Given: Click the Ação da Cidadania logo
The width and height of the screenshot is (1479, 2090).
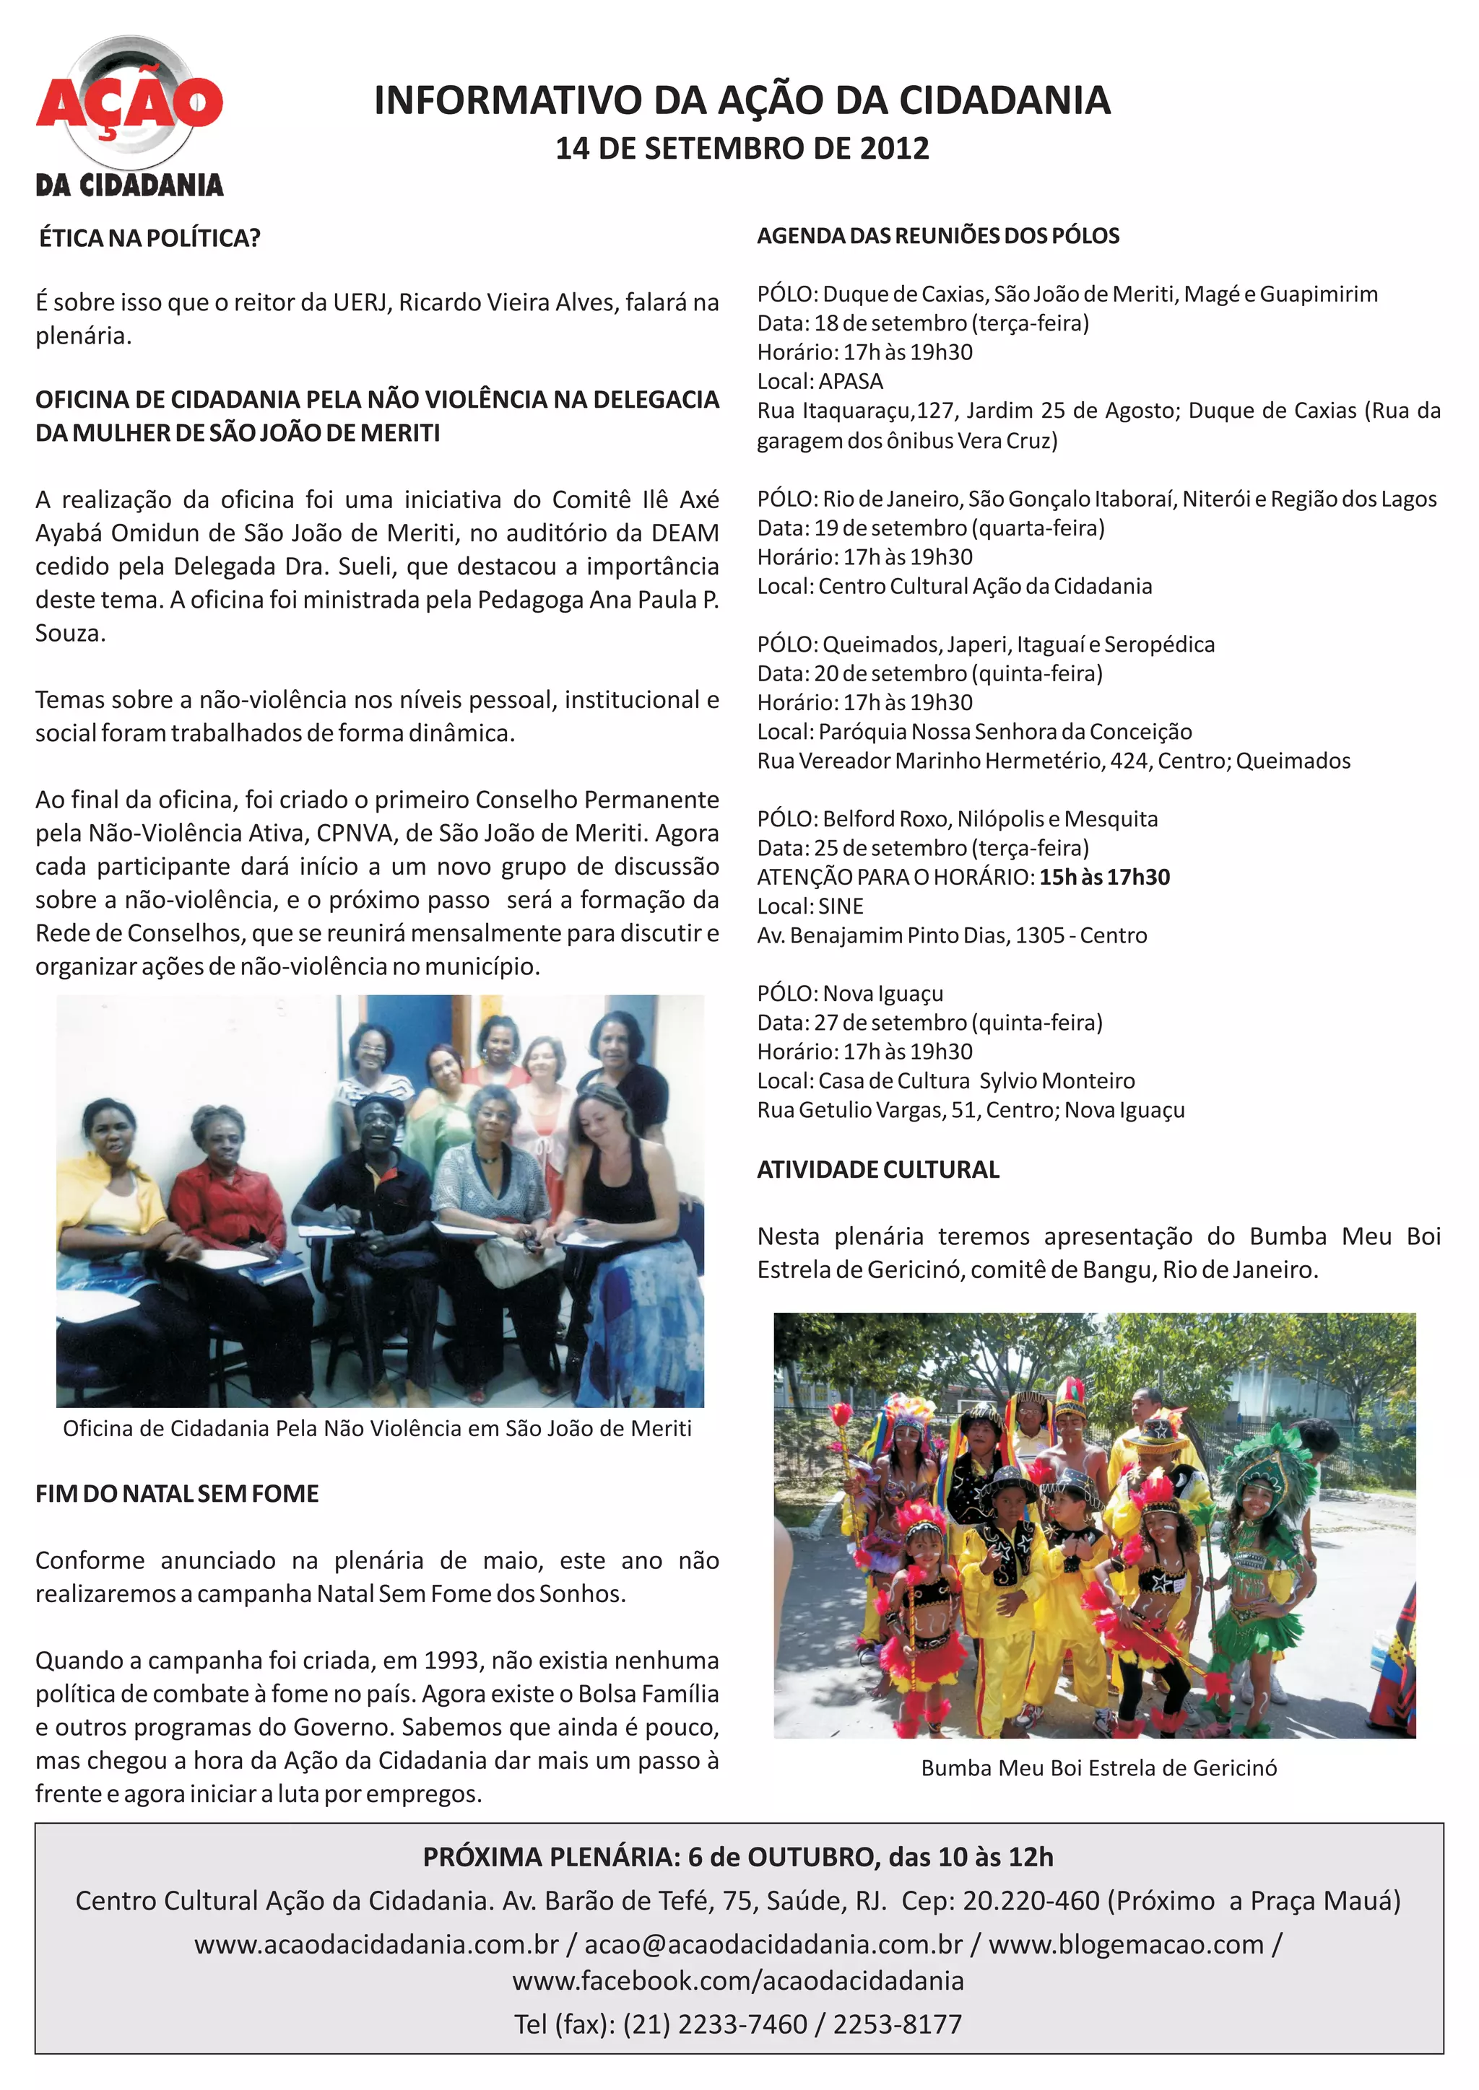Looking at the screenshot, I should point(129,116).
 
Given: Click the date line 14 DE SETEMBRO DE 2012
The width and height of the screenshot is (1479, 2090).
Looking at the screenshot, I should point(742,149).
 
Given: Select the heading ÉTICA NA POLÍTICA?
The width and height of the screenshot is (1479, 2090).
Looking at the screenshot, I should point(149,238).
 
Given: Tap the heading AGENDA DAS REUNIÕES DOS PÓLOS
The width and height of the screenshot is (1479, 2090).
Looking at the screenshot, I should point(938,236).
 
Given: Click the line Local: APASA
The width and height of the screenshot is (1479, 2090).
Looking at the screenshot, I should point(820,381).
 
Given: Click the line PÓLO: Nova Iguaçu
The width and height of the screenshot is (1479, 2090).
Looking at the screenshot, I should point(850,993).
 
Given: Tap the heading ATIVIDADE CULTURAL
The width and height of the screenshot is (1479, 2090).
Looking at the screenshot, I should point(878,1170).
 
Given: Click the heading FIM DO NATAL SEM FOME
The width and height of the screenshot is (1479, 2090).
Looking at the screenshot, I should point(177,1494).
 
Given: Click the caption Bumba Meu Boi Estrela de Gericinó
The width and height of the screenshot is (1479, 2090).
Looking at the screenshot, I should point(1098,1767).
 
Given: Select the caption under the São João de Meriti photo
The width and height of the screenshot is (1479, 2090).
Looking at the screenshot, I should point(377,1428).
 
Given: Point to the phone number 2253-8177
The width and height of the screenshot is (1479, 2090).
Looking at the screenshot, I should point(897,2024).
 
